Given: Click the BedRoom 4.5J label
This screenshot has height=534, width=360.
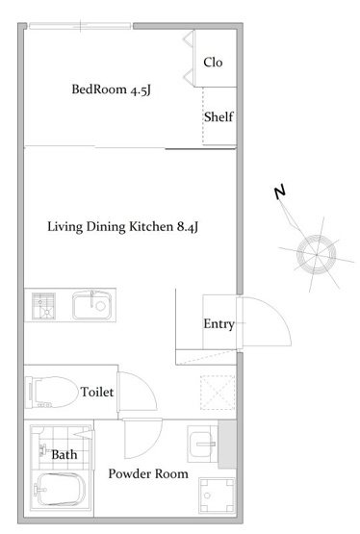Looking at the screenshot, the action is (x=111, y=89).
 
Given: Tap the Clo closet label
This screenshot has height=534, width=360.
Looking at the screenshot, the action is (x=213, y=63).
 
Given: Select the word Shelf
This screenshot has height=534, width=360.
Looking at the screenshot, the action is (x=219, y=116).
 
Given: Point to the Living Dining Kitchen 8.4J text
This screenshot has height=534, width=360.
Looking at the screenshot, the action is (x=122, y=227).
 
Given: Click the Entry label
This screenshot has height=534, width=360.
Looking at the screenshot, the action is (x=219, y=324).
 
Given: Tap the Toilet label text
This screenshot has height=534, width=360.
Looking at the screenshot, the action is (x=97, y=392).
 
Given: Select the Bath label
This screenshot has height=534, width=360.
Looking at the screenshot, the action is (x=64, y=455).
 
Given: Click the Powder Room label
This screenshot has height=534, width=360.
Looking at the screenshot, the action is (x=148, y=473).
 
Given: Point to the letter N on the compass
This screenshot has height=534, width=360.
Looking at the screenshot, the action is (x=280, y=192).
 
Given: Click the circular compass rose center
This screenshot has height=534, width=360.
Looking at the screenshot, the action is (x=317, y=254).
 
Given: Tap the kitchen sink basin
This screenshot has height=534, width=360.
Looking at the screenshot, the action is (x=92, y=305).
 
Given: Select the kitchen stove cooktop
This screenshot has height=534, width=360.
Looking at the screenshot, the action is (x=43, y=306).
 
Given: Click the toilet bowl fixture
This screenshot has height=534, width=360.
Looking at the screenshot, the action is (x=51, y=392).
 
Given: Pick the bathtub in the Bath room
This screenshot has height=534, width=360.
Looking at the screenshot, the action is (x=60, y=490).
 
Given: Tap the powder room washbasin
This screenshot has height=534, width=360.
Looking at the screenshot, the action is (x=202, y=444).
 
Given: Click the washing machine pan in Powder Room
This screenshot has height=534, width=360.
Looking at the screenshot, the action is (x=217, y=496).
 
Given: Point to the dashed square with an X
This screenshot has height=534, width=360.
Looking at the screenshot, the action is (x=218, y=393).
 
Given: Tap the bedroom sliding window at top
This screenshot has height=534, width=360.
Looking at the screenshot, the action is (x=80, y=26).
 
